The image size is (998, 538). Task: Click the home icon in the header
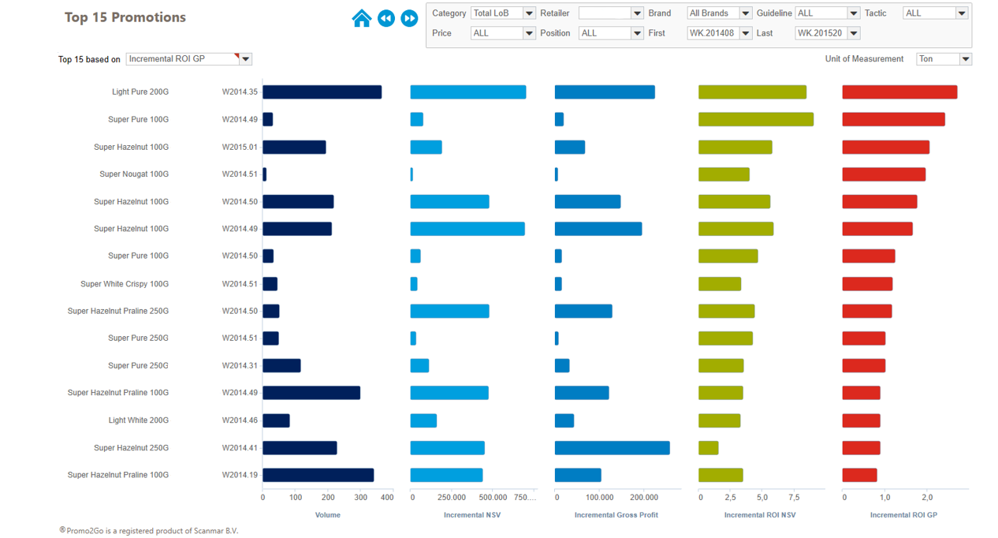pyautogui.click(x=362, y=18)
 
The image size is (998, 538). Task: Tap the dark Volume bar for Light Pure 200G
pyautogui.click(x=322, y=92)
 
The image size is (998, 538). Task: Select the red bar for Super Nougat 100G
pyautogui.click(x=884, y=174)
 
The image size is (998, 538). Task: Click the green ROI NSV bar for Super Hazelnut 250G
pyautogui.click(x=708, y=448)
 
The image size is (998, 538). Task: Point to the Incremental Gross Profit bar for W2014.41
pyautogui.click(x=612, y=448)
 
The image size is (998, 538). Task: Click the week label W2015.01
pyautogui.click(x=240, y=148)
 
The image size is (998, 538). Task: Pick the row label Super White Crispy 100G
pyautogui.click(x=125, y=284)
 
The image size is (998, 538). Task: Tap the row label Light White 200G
pyautogui.click(x=139, y=420)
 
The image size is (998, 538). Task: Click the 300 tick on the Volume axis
pyautogui.click(x=360, y=498)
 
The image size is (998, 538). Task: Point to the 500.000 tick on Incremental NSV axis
pyautogui.click(x=493, y=498)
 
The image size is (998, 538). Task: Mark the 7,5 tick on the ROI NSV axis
pyautogui.click(x=794, y=498)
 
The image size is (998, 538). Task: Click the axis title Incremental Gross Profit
pyautogui.click(x=616, y=515)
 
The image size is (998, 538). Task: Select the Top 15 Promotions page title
pyautogui.click(x=125, y=17)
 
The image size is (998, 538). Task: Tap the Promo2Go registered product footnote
pyautogui.click(x=149, y=531)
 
